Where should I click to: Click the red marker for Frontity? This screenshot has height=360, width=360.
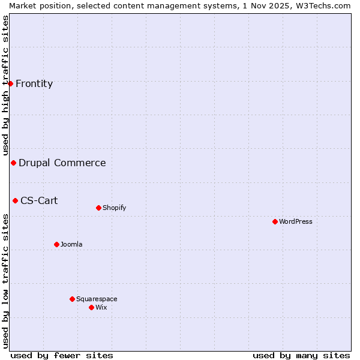[x=10, y=83]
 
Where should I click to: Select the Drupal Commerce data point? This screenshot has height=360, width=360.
[x=13, y=163]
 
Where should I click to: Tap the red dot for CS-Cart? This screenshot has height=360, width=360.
[x=15, y=200]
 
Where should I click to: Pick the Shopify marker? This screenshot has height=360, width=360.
[x=98, y=208]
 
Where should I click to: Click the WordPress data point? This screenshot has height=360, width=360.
[x=275, y=221]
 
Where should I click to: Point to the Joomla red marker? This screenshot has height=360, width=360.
[x=56, y=244]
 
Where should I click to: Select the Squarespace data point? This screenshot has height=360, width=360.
[x=72, y=299]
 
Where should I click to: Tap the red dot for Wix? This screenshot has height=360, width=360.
[x=91, y=307]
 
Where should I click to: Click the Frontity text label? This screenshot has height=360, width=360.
[x=34, y=84]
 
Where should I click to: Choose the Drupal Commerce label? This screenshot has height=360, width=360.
[x=62, y=163]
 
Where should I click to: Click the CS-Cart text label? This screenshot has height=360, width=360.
[x=39, y=201]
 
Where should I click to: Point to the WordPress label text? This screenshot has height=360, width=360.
[x=296, y=222]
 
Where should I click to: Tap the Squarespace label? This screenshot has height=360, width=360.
[x=97, y=299]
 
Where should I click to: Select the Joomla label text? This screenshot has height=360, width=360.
[x=71, y=245]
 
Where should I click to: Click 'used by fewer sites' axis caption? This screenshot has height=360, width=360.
[x=62, y=356]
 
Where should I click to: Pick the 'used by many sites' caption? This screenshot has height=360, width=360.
[x=301, y=356]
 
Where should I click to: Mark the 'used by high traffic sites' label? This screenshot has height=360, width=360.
[x=6, y=86]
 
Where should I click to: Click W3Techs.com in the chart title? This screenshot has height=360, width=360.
[x=325, y=5]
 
